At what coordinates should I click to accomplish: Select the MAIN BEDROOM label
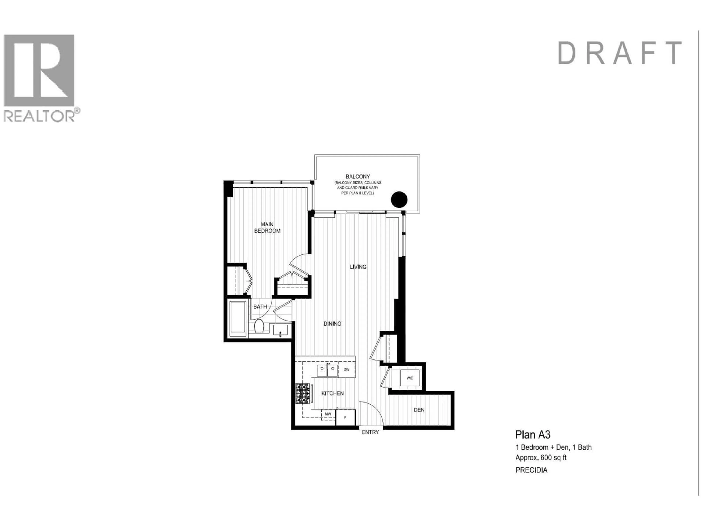267,228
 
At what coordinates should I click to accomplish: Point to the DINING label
332,324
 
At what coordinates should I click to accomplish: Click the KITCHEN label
332,393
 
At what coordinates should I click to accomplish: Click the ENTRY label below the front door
370,432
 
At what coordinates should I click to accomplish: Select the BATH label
260,307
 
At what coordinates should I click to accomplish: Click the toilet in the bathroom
259,327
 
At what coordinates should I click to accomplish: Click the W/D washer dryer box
410,378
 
